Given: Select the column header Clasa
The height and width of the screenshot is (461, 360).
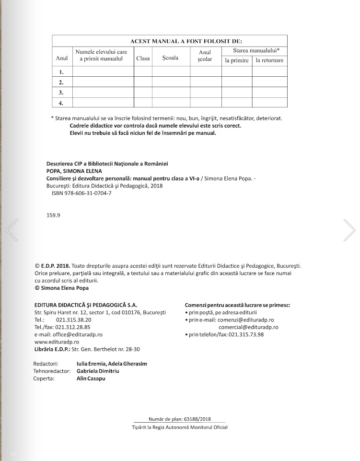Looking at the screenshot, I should click(x=143, y=59).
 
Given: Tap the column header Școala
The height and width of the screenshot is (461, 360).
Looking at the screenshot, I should click(x=170, y=58).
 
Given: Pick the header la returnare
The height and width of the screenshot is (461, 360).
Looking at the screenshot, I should click(x=269, y=60).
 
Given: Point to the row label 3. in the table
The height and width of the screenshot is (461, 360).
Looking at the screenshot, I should click(x=61, y=92).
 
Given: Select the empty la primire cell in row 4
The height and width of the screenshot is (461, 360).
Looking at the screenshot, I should click(x=237, y=102).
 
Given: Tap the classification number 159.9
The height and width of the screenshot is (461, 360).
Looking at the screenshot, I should click(x=53, y=215).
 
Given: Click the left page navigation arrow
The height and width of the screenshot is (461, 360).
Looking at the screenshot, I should click(x=12, y=229).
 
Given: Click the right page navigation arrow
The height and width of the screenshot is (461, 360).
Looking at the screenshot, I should click(x=349, y=229).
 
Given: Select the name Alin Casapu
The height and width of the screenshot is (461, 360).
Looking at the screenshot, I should click(x=91, y=378).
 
